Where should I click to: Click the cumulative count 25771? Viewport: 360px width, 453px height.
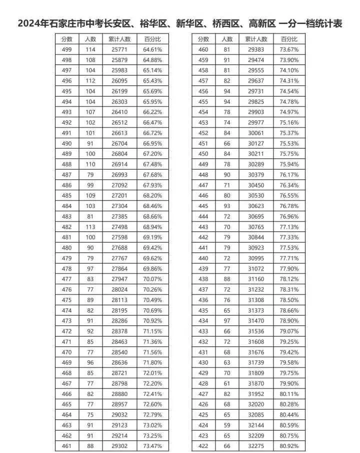(119, 49)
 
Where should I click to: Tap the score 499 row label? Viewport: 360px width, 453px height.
(66, 49)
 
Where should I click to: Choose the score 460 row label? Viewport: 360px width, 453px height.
(203, 49)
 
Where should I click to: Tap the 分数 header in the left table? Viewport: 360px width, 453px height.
(66, 39)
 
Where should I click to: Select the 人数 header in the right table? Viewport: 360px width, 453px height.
(227, 39)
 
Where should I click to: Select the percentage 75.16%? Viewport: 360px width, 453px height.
(289, 122)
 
